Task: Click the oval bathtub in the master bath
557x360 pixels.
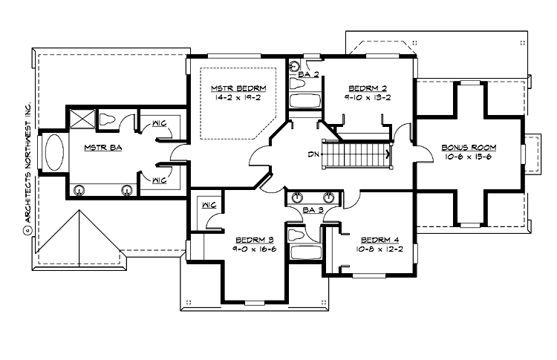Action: point(55,154)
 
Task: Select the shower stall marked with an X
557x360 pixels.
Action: point(79,118)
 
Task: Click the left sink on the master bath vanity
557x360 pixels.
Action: point(79,190)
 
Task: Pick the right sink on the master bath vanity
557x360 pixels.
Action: point(128,190)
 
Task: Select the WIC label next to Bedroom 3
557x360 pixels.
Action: point(208,204)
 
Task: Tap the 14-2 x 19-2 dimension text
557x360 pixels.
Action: point(238,96)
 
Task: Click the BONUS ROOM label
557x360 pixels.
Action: point(469,148)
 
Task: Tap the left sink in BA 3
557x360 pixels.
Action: point(298,197)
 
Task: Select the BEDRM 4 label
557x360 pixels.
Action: point(379,240)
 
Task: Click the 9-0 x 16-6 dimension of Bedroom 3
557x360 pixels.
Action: point(254,249)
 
